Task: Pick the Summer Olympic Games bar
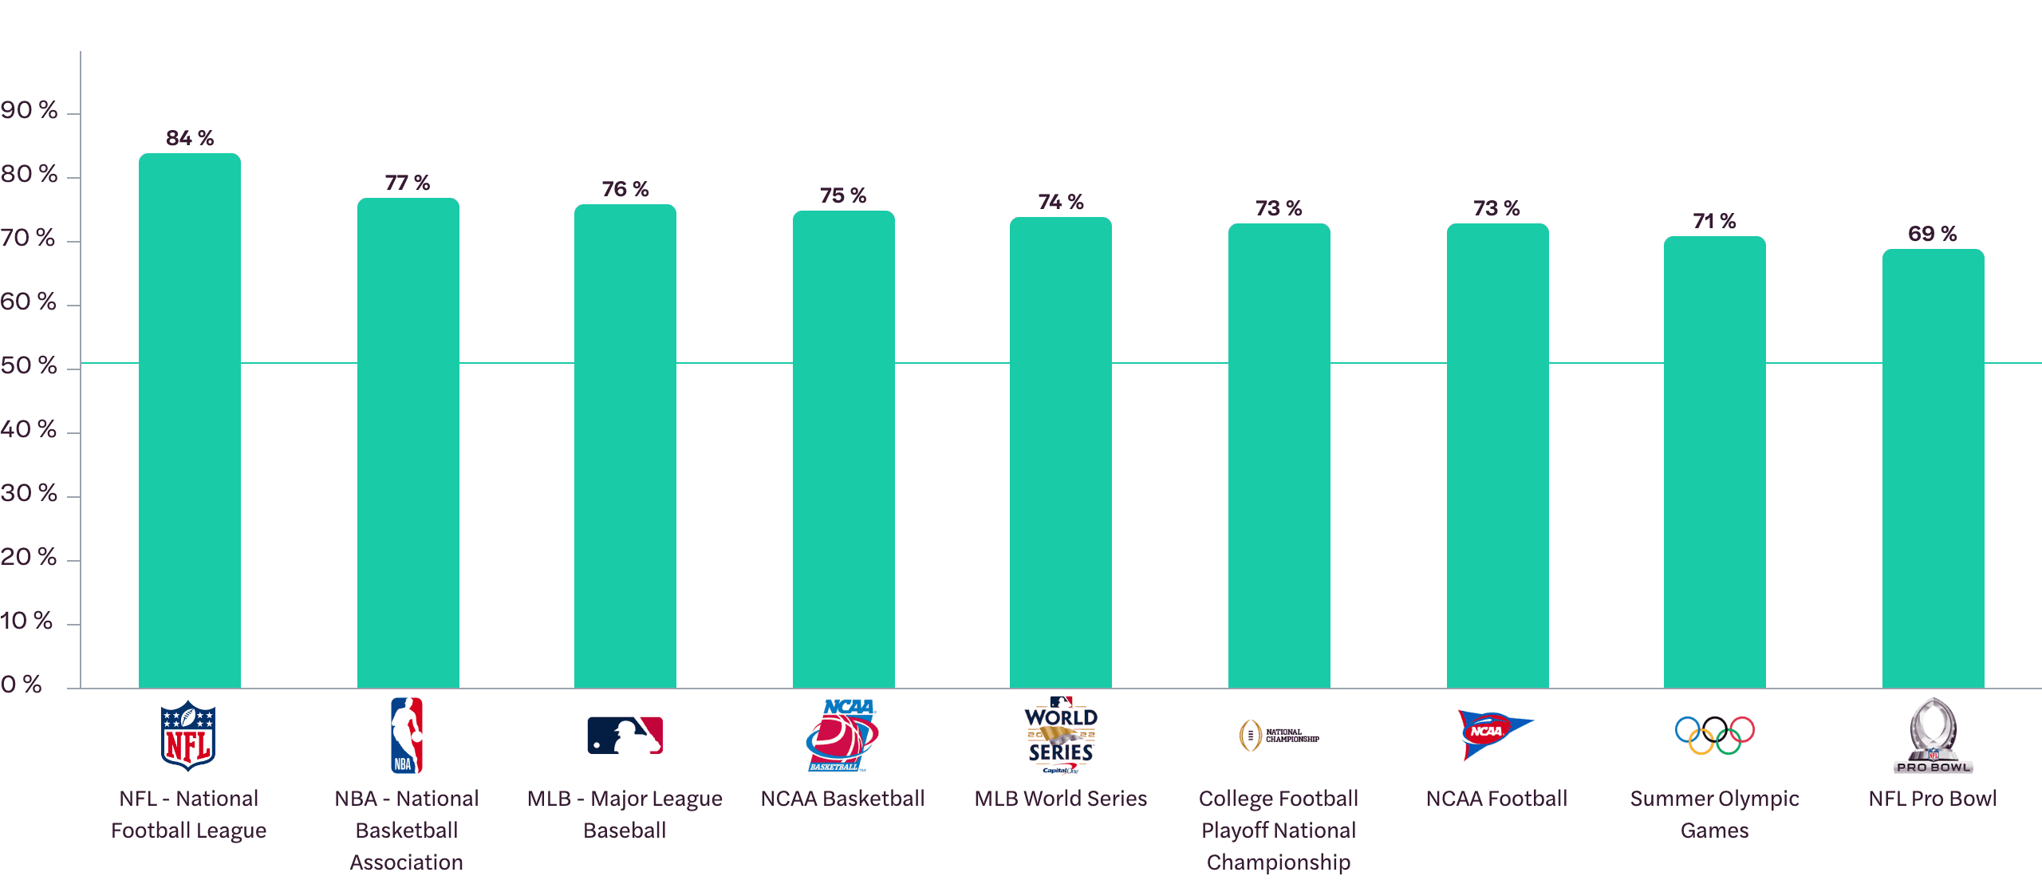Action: point(1714,462)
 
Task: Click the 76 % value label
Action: point(625,189)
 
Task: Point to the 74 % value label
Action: point(1061,202)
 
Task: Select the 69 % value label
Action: point(1932,234)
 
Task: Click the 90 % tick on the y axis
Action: point(30,110)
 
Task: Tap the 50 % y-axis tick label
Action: point(30,365)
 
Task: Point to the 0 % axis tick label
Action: point(22,685)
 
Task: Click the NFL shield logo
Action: point(188,736)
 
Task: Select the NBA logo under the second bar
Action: point(407,736)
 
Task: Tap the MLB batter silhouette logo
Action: point(625,736)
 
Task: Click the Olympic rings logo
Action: point(1714,735)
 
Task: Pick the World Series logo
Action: point(1061,736)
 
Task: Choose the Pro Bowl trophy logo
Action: point(1933,736)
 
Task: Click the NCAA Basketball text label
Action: point(843,799)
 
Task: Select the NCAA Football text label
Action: point(1496,799)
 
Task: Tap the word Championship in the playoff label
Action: point(1279,862)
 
